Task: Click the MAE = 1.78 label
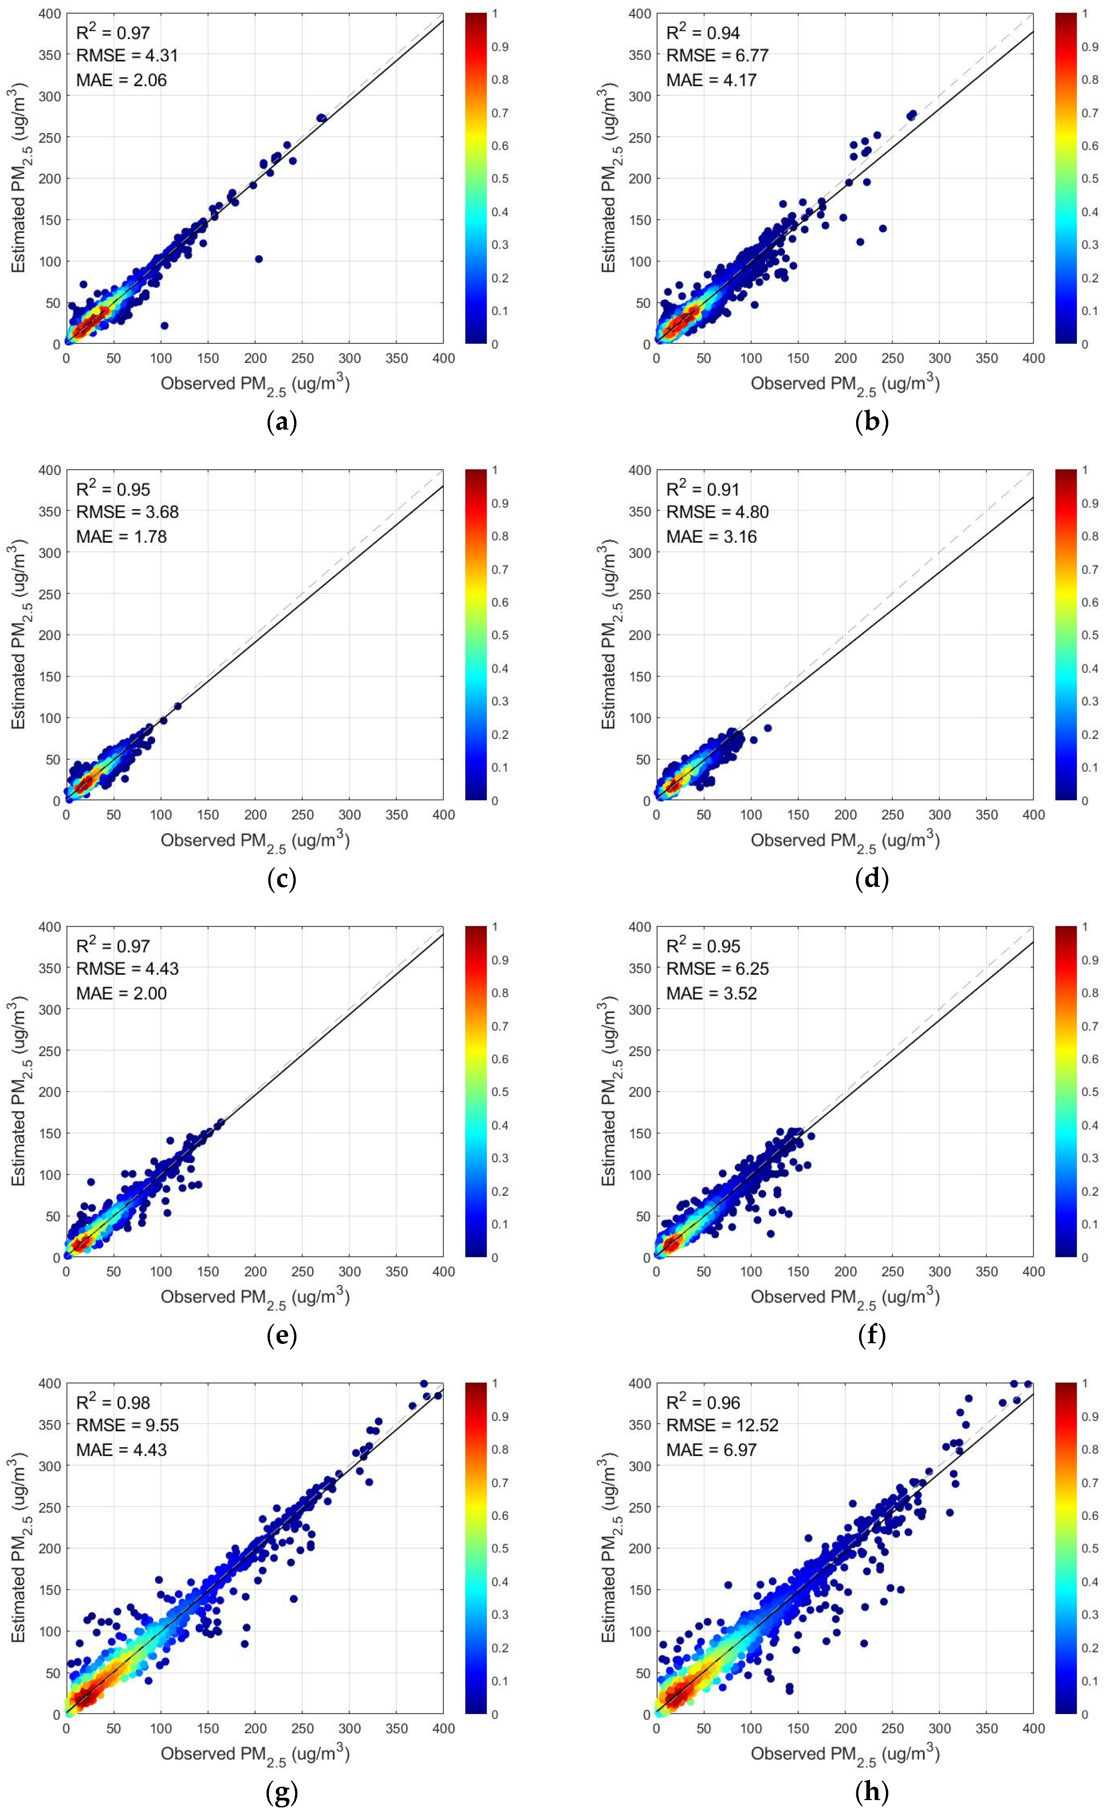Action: [121, 537]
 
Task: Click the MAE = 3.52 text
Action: [711, 993]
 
